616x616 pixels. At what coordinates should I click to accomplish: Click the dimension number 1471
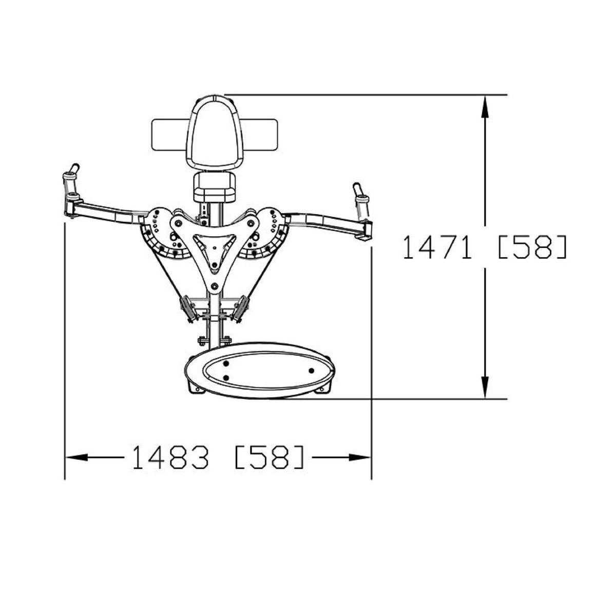pos(437,247)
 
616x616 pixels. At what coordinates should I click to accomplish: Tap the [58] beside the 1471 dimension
pos(532,247)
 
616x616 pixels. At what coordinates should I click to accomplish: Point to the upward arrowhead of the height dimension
pos(485,107)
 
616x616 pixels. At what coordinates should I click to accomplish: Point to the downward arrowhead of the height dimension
pos(485,387)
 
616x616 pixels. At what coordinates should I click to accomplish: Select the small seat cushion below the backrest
pos(215,187)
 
